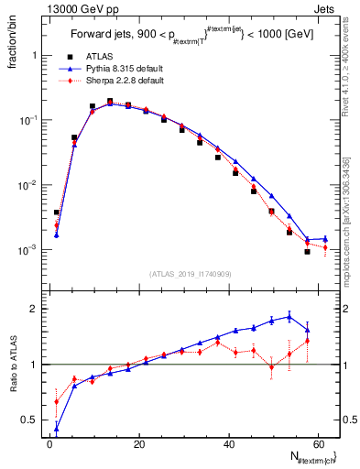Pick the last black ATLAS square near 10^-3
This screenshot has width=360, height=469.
[308, 252]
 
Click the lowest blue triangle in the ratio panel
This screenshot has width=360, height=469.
[57, 428]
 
